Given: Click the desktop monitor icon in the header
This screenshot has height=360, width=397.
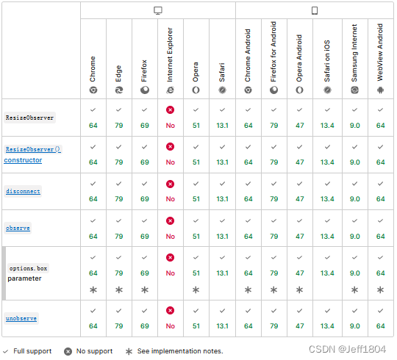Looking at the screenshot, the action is pos(158,10).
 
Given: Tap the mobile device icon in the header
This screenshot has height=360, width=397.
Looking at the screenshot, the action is pos(315,10).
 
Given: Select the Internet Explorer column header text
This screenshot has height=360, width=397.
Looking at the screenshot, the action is pos(170,54).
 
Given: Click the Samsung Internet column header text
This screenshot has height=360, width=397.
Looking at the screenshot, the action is pos(354,53).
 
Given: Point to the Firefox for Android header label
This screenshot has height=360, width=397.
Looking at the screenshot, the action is pos(273,51).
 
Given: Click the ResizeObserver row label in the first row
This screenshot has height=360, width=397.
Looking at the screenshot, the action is pos(29,118).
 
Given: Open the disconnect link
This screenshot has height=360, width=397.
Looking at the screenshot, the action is pos(23,192).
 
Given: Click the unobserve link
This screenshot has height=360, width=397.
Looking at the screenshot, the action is pos(21,319).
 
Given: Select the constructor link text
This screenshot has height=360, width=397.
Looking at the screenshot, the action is pos(23,160).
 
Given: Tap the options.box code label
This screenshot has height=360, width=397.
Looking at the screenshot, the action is pos(29,268).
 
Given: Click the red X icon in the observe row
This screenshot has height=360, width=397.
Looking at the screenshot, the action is pos(170,221).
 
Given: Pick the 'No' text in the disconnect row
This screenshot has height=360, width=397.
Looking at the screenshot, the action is pos(171,199).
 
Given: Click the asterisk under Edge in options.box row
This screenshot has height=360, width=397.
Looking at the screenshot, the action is pos(119,290).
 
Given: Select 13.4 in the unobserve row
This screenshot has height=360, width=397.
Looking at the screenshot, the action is pos(327,326).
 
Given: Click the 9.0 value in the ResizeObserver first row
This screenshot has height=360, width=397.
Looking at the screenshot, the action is pos(354,126).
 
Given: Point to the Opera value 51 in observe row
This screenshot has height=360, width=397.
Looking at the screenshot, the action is pos(196,237).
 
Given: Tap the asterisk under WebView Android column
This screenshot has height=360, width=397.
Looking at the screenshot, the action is pos(380,290).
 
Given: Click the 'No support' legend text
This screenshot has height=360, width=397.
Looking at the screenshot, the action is pos(94,351).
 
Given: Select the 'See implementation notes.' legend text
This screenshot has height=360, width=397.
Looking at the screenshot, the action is pos(180,351).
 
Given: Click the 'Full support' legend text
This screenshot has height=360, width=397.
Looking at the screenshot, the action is pos(32,351).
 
